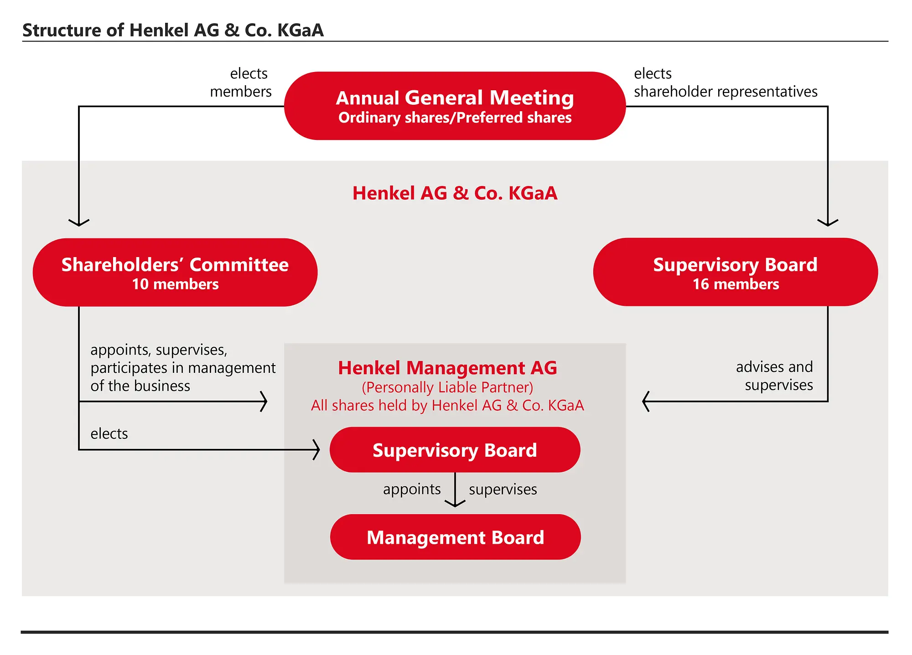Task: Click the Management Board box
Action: pos(455,537)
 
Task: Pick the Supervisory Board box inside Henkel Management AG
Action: pos(455,450)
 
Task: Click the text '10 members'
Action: pos(175,284)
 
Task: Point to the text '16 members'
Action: pos(736,284)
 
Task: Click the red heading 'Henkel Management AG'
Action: pos(447,368)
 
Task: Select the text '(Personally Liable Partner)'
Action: pos(447,387)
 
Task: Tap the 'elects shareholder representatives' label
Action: pos(725,83)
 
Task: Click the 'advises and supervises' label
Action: pos(774,376)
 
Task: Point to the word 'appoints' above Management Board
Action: pos(412,489)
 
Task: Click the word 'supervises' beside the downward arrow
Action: pos(503,490)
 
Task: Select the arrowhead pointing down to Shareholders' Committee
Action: pos(79,223)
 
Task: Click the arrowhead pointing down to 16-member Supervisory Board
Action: pos(828,223)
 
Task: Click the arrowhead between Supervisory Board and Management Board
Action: pos(455,504)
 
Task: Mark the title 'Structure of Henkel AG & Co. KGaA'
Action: pos(173,30)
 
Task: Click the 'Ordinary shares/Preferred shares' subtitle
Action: pos(455,118)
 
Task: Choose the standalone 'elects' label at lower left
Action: pos(109,433)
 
